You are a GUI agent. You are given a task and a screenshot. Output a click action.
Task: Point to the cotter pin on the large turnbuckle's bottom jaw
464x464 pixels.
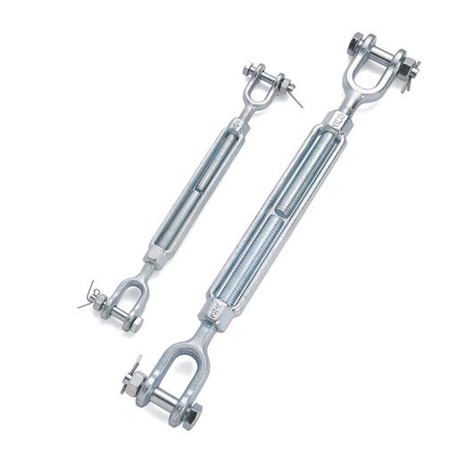click(x=133, y=369)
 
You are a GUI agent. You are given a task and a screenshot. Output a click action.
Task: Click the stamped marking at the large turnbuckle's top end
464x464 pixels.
click(x=339, y=117)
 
